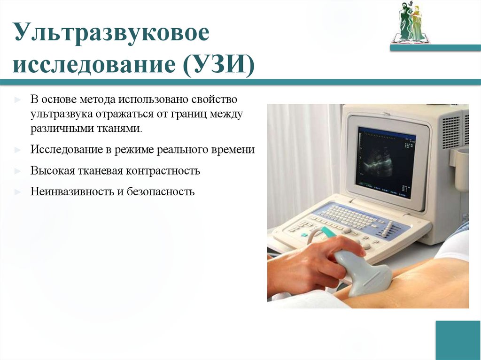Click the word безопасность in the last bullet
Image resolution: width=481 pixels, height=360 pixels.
[160, 191]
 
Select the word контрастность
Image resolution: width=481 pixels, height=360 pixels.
[163, 171]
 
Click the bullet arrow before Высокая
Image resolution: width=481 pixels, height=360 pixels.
[17, 171]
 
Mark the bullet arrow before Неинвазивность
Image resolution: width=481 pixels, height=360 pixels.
[17, 191]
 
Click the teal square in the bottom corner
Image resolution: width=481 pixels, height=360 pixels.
[458, 340]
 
